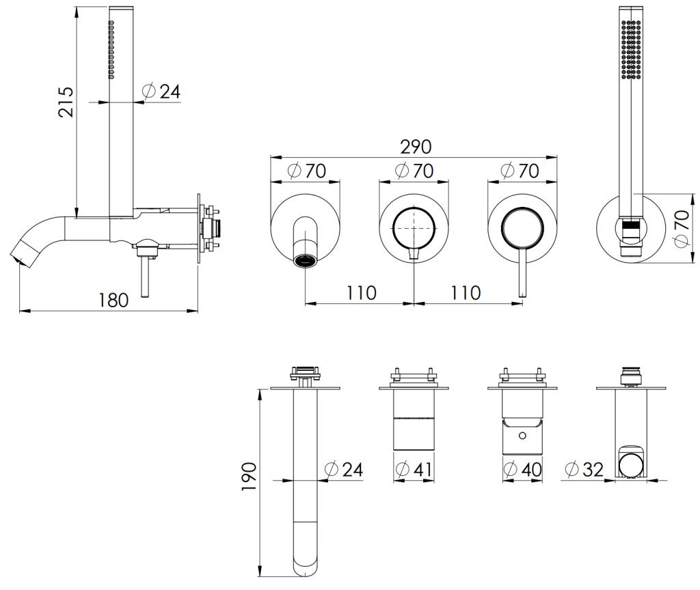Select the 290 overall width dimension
tap(416, 147)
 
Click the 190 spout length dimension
tap(249, 476)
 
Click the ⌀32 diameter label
tap(585, 469)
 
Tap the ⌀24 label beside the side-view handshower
tap(161, 92)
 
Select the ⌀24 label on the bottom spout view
tap(344, 469)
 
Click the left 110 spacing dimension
tap(361, 293)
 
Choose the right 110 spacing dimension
tap(466, 293)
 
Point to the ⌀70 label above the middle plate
tap(415, 171)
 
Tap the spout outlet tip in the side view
tap(18, 259)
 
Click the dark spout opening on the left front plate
tap(306, 260)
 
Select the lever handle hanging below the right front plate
tap(523, 273)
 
